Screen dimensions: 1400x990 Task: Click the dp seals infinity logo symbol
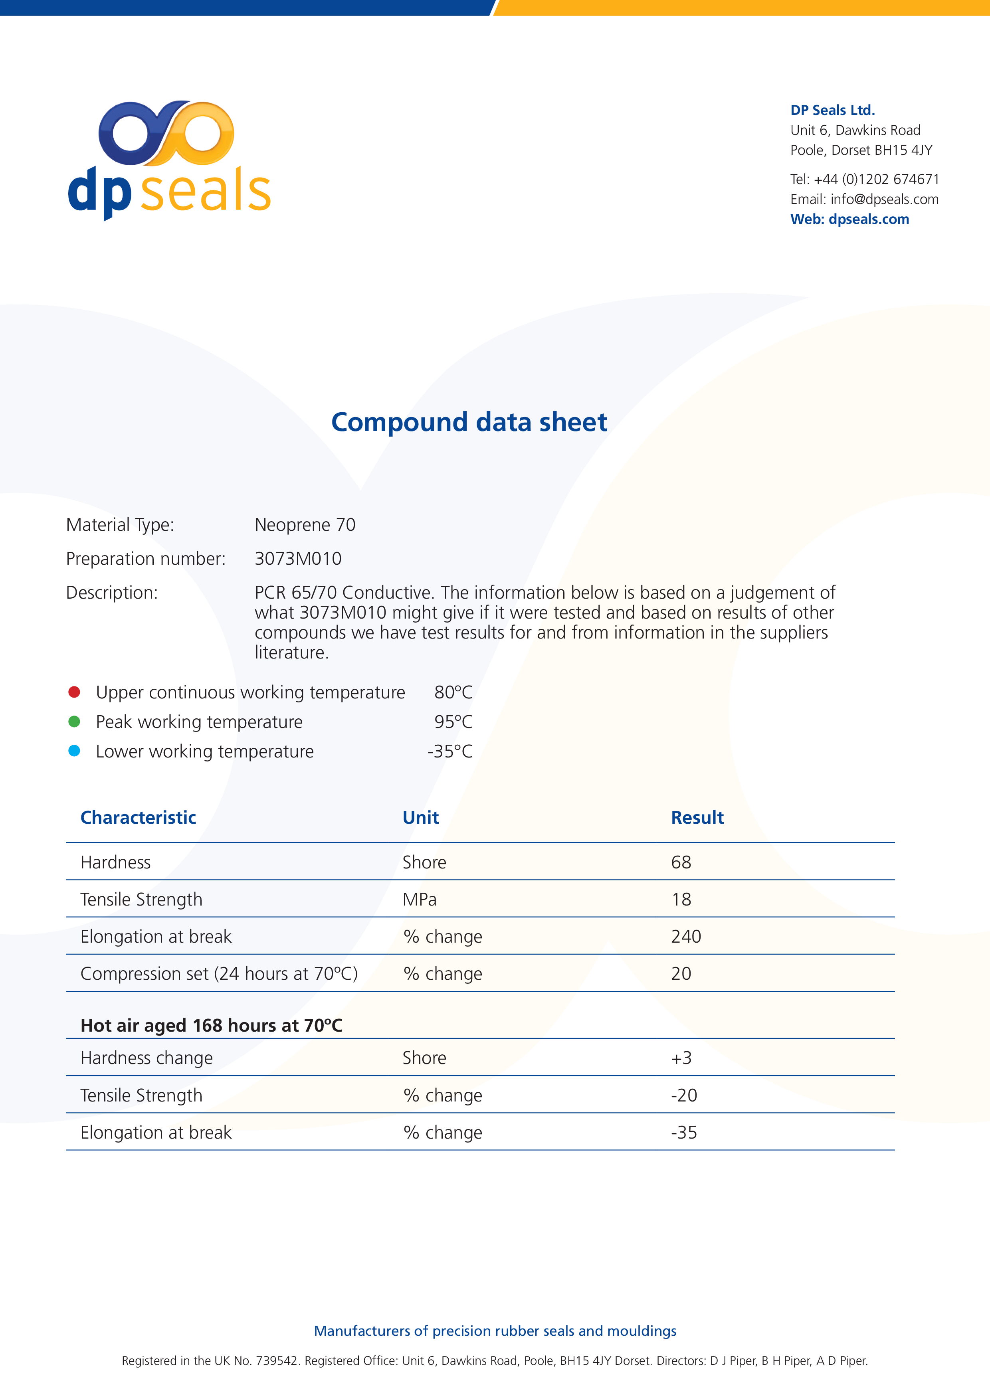click(166, 133)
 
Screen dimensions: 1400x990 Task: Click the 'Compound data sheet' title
click(469, 422)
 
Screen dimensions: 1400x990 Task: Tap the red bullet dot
click(74, 692)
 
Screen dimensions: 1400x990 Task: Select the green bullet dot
click(74, 721)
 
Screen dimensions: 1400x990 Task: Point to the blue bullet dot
click(74, 751)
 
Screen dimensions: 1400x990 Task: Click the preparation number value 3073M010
click(298, 559)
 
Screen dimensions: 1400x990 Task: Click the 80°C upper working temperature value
click(453, 692)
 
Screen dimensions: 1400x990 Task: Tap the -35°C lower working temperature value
click(449, 751)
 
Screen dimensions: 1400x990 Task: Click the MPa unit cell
click(419, 900)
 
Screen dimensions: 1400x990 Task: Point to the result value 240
click(686, 937)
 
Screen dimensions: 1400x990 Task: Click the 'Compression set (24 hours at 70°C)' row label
click(219, 974)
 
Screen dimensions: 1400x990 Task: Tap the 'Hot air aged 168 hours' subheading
click(211, 1025)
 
